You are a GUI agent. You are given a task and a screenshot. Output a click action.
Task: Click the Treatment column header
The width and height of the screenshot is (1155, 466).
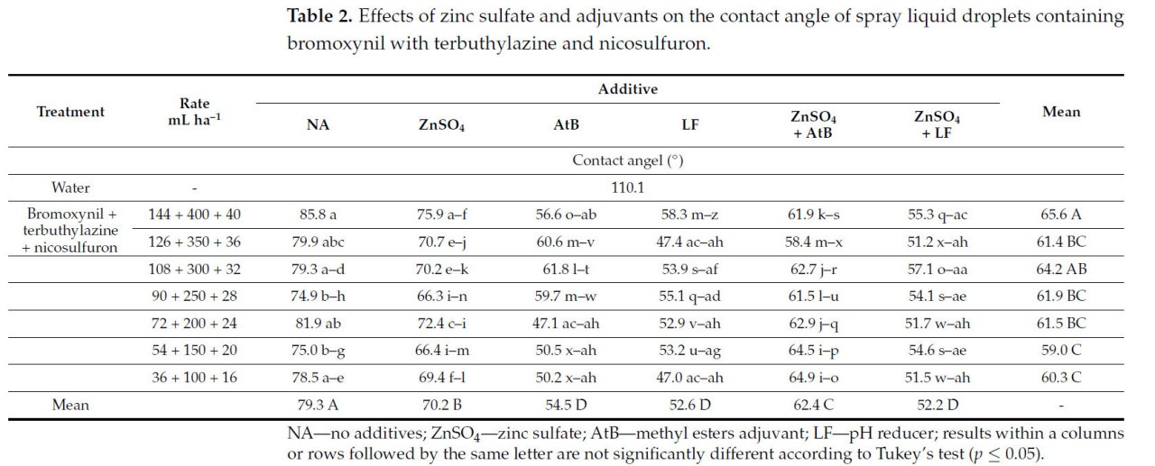tap(70, 112)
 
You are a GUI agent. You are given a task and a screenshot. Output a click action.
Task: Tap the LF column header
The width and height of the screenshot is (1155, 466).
tap(689, 125)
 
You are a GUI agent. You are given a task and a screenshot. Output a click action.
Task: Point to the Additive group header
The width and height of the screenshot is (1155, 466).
tap(627, 89)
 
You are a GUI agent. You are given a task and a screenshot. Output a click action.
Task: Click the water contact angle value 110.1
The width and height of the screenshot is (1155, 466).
tap(627, 188)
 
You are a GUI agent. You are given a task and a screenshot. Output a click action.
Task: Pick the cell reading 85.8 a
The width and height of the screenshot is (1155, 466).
tap(318, 215)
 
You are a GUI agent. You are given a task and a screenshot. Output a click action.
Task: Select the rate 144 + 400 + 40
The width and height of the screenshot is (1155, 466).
tap(194, 215)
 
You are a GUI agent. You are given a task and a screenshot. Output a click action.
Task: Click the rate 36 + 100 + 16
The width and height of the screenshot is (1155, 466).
tap(194, 378)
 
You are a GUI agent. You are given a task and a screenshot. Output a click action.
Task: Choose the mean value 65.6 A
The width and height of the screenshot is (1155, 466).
tap(1060, 215)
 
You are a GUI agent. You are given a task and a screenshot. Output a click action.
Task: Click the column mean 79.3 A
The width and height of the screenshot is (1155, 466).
tap(318, 405)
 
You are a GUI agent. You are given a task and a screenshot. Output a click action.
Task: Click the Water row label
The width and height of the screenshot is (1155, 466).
tap(70, 188)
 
